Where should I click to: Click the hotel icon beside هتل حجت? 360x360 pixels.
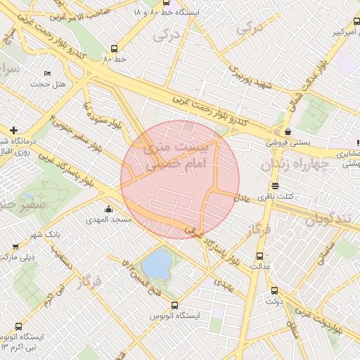coord(47,73)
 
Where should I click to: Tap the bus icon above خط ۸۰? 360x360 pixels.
coord(114,49)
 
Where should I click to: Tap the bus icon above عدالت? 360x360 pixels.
coord(261,256)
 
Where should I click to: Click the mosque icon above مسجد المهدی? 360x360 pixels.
coord(108,209)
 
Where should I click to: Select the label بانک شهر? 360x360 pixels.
coord(49,233)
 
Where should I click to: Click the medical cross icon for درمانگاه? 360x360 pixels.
coord(14,130)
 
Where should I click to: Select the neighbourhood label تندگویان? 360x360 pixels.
coord(327,219)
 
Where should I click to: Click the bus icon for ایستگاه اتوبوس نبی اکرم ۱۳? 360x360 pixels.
coord(18,326)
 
